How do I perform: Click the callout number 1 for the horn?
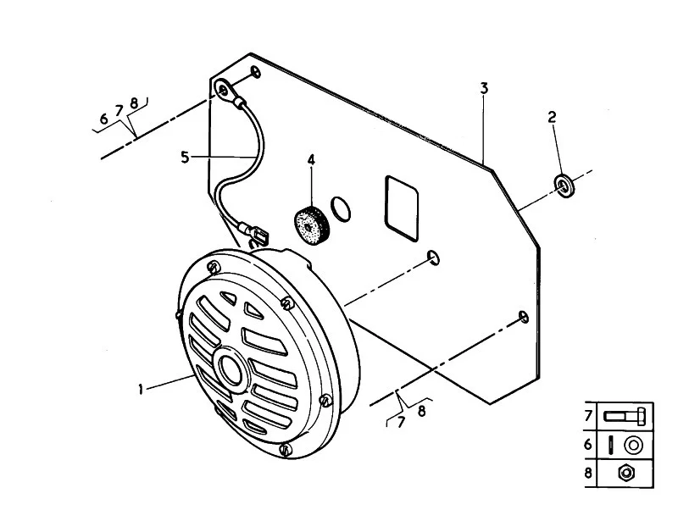click(x=141, y=389)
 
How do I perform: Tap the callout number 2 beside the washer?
click(x=552, y=117)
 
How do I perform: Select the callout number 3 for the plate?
click(x=484, y=88)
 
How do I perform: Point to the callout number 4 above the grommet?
click(x=311, y=160)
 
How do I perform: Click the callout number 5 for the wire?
click(x=185, y=157)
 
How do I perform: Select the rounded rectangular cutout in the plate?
click(x=401, y=208)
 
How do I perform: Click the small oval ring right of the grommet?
click(x=342, y=208)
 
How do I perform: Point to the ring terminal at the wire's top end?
click(x=224, y=90)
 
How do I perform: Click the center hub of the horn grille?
click(x=232, y=369)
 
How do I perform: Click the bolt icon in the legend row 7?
click(x=625, y=417)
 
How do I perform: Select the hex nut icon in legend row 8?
click(x=625, y=473)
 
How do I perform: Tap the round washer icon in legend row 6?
click(x=633, y=445)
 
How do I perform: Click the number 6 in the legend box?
click(x=588, y=444)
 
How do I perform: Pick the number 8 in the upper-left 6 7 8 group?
click(x=134, y=103)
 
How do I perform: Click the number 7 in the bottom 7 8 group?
click(x=401, y=422)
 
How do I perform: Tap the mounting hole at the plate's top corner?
click(x=257, y=72)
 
